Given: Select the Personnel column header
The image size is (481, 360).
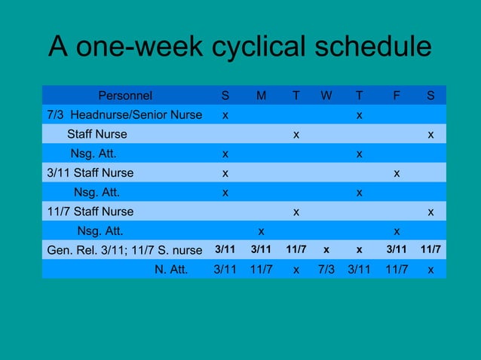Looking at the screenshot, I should [125, 96].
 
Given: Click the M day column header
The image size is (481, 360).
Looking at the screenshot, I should [261, 96].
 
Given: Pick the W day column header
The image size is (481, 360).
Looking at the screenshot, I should [326, 96].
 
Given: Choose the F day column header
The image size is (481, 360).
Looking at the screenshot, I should [397, 96].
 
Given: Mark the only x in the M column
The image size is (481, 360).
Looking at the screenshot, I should [261, 230].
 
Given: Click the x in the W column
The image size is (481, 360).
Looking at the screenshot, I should [326, 250].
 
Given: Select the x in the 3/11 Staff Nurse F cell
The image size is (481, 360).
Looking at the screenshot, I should [397, 173].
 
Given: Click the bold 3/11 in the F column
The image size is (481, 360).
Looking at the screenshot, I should [397, 250].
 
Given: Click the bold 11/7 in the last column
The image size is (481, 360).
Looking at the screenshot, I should [430, 250].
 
